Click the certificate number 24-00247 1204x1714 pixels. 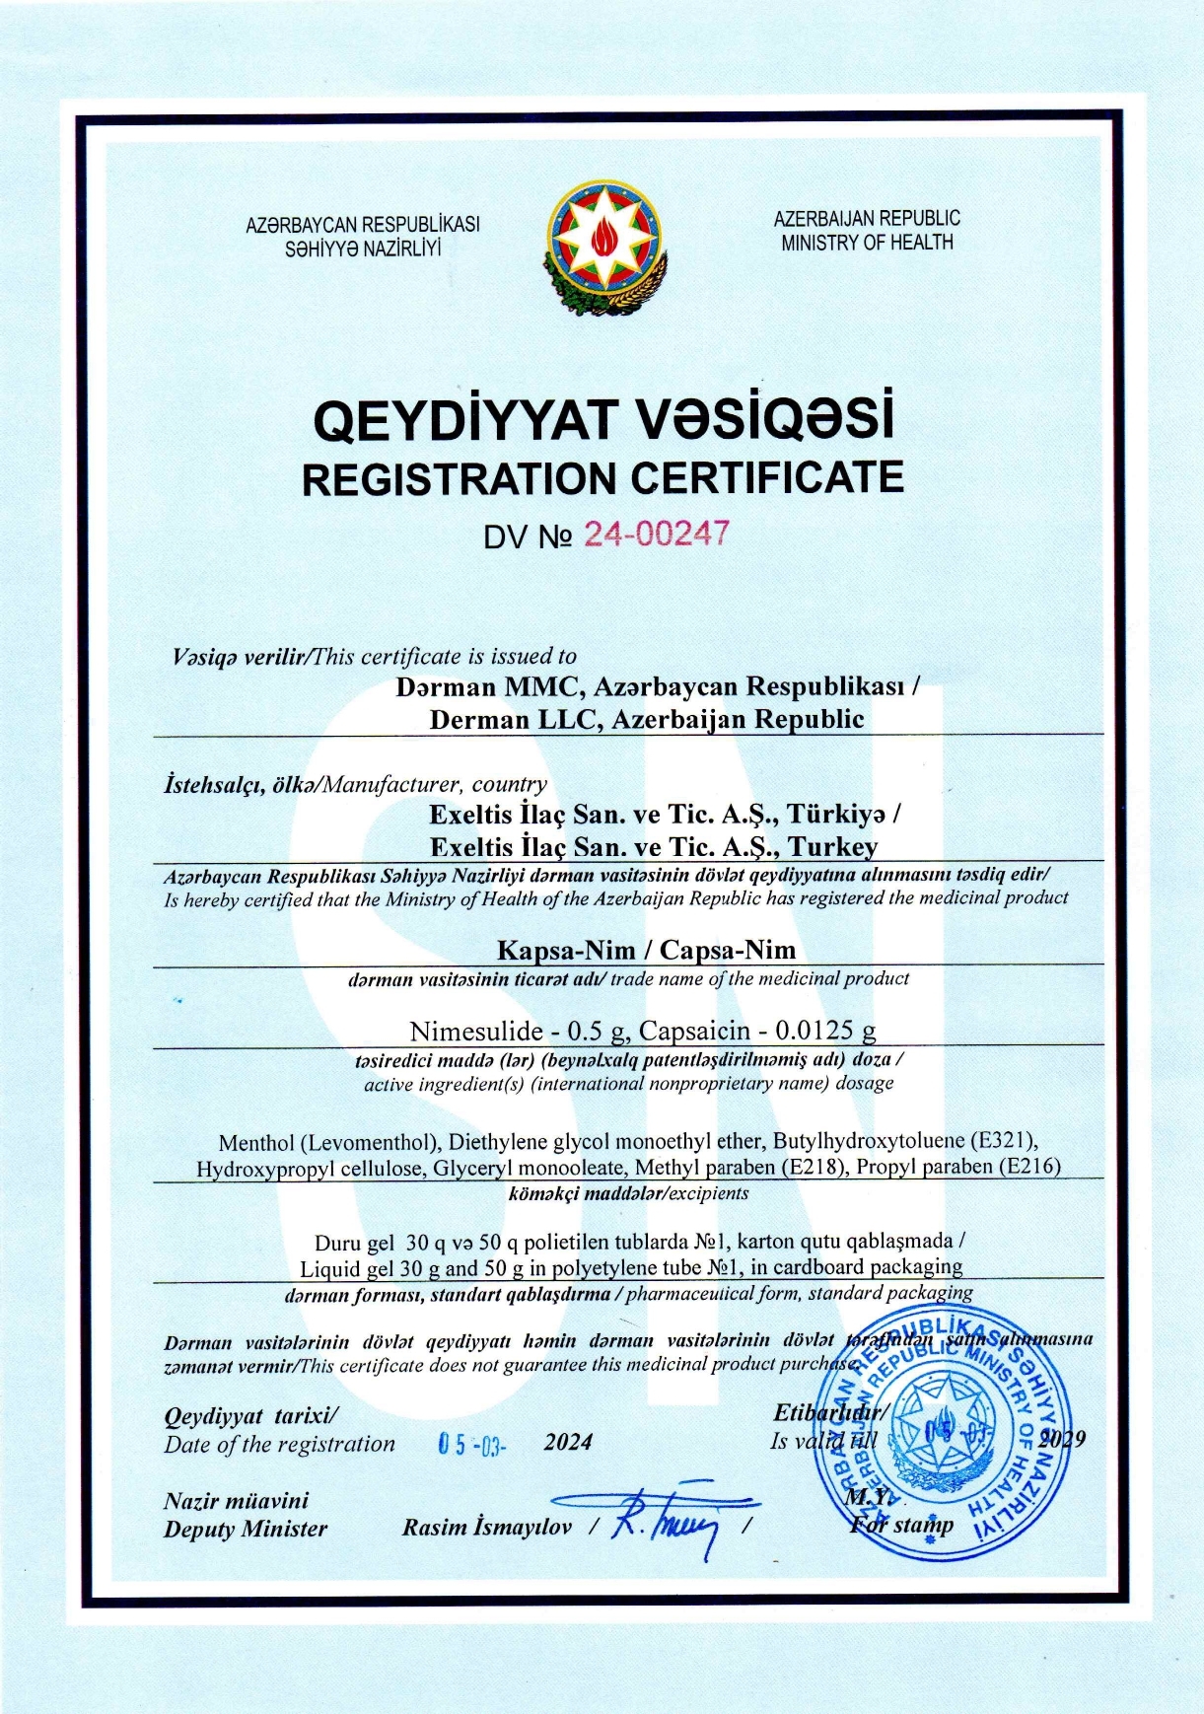click(x=656, y=534)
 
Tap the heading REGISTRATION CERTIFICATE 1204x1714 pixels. click(x=602, y=478)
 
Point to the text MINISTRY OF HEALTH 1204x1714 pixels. click(x=867, y=243)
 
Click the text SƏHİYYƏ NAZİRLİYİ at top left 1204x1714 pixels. click(x=363, y=249)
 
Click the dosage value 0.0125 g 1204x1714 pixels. click(x=825, y=1031)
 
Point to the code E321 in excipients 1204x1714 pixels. click(x=1003, y=1141)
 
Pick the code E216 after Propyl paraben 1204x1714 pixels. click(x=1029, y=1166)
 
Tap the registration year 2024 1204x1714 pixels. click(x=568, y=1442)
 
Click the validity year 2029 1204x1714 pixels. click(x=1061, y=1438)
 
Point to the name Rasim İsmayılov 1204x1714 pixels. click(x=486, y=1528)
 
